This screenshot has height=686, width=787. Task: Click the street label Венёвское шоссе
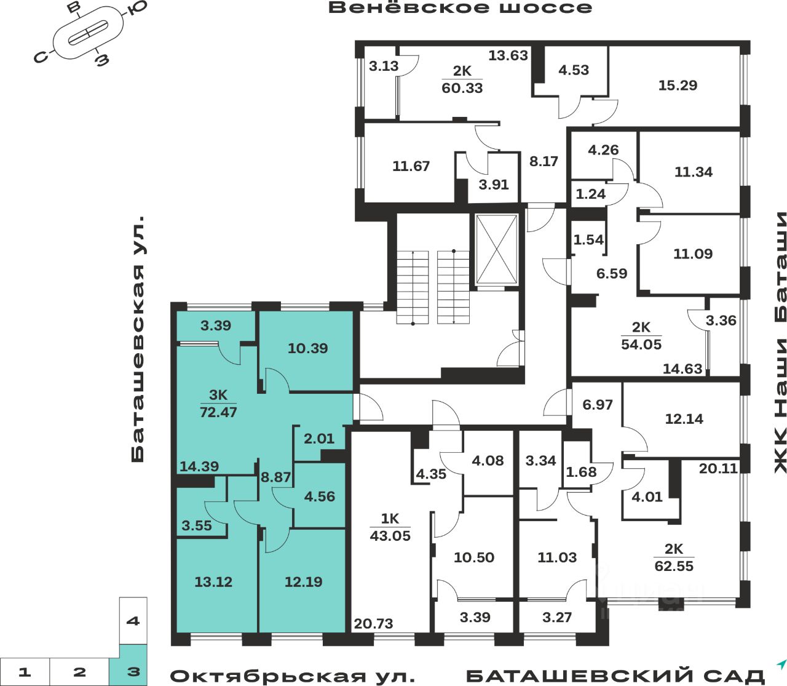(460, 8)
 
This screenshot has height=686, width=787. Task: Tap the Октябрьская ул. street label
(292, 676)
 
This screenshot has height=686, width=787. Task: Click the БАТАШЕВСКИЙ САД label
(615, 676)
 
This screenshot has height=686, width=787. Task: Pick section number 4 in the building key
(133, 621)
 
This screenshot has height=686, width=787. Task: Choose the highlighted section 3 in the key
(133, 671)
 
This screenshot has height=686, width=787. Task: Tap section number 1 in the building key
(24, 671)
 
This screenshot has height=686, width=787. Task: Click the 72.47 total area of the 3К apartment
(218, 412)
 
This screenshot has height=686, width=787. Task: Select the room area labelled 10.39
(307, 348)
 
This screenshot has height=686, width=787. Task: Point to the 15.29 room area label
(678, 85)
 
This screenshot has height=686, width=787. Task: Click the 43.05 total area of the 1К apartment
(390, 535)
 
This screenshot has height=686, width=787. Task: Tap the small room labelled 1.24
(590, 194)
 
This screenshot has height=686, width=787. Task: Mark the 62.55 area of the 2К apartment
(674, 565)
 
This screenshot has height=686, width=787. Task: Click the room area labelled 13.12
(213, 581)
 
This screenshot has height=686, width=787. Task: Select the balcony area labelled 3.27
(557, 617)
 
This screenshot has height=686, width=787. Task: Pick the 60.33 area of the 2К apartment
(462, 88)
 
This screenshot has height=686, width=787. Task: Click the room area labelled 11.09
(693, 253)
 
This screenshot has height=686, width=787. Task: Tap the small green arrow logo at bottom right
(781, 664)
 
